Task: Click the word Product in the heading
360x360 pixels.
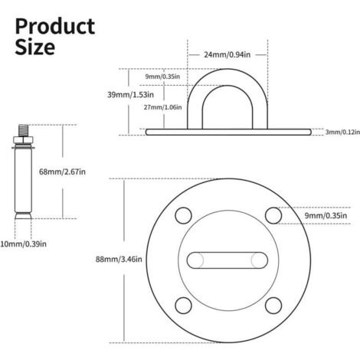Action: click(55, 27)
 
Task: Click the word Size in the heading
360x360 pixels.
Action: click(35, 47)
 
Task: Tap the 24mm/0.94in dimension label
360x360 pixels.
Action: click(227, 54)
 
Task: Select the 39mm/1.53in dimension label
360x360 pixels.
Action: click(130, 95)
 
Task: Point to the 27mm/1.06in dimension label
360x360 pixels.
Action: click(162, 107)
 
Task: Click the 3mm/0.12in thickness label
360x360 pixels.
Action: click(342, 132)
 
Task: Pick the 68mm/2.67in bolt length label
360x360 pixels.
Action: click(62, 172)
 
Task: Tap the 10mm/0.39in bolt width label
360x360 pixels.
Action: click(23, 244)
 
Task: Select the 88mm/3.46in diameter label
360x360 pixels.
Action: click(119, 260)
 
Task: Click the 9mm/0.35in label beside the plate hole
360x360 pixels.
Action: click(326, 216)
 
